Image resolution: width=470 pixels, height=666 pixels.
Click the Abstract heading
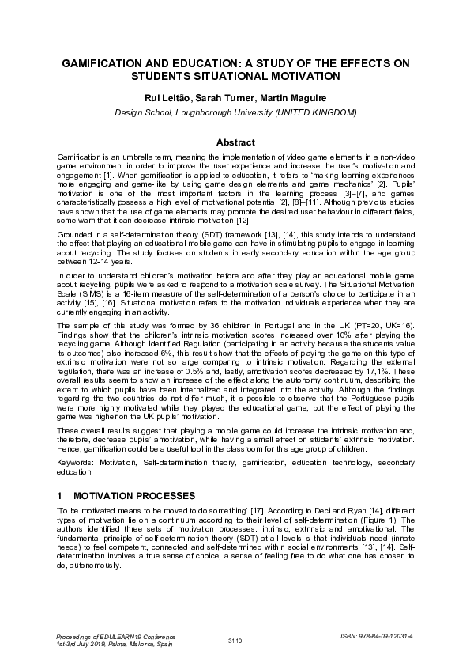point(235,142)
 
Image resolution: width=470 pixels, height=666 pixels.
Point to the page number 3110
point(235,640)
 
